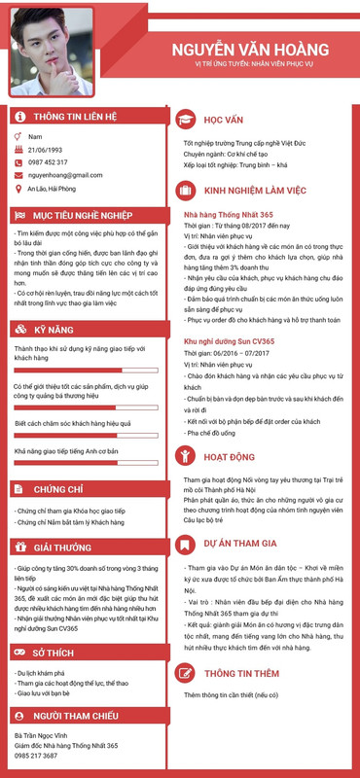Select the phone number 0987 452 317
coord(48,162)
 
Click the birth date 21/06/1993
coord(45,150)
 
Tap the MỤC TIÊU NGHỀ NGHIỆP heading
coord(82,214)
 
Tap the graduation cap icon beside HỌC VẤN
coord(182,119)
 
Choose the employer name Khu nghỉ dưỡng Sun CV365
coord(231,343)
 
